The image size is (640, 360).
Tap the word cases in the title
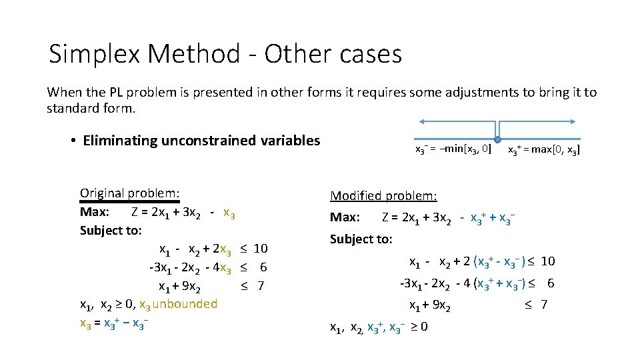[366, 54]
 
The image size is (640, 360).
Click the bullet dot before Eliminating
[71, 141]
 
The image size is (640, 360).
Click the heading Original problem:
[130, 193]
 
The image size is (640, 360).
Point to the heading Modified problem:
[383, 195]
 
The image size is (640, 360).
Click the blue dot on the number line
[498, 139]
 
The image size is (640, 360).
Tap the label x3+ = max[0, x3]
[543, 150]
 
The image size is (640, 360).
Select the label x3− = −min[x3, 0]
[453, 149]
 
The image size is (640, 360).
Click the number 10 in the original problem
[261, 249]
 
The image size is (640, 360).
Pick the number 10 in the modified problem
[548, 261]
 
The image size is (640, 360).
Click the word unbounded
[185, 304]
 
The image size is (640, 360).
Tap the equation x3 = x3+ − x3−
[113, 323]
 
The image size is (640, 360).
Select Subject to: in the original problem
[111, 230]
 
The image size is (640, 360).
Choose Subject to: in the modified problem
[361, 239]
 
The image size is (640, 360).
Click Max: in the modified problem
[345, 217]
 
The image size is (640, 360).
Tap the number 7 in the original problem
[261, 286]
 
